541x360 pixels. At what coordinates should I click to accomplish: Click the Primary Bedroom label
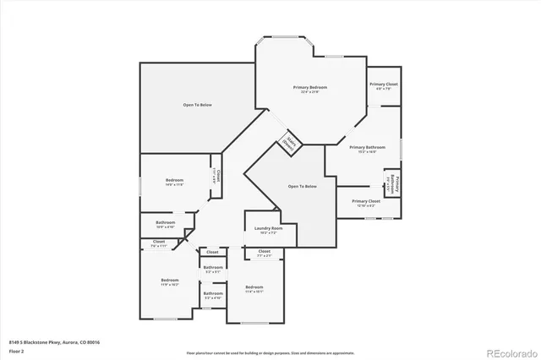(x=310, y=89)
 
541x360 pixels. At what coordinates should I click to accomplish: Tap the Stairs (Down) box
(x=291, y=143)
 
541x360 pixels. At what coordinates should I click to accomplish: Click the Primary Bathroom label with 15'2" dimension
(x=368, y=149)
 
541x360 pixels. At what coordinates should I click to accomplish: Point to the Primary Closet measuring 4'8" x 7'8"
(x=383, y=85)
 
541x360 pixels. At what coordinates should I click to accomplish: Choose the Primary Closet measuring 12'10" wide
(x=366, y=203)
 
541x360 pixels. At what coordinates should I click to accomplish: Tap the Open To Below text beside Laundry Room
(x=302, y=186)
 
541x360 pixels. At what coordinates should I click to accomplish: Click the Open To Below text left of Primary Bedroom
(x=197, y=105)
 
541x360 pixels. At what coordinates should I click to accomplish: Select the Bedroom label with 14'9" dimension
(x=174, y=182)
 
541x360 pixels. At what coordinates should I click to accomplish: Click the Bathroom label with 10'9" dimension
(x=165, y=224)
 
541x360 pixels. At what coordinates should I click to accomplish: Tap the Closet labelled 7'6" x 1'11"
(x=159, y=243)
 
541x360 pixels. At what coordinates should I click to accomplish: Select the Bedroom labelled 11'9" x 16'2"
(x=170, y=281)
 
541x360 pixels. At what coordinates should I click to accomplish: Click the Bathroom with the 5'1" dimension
(x=212, y=269)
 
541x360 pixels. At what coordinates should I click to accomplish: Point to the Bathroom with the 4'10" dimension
(x=212, y=295)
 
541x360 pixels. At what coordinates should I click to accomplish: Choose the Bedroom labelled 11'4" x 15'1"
(x=254, y=289)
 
